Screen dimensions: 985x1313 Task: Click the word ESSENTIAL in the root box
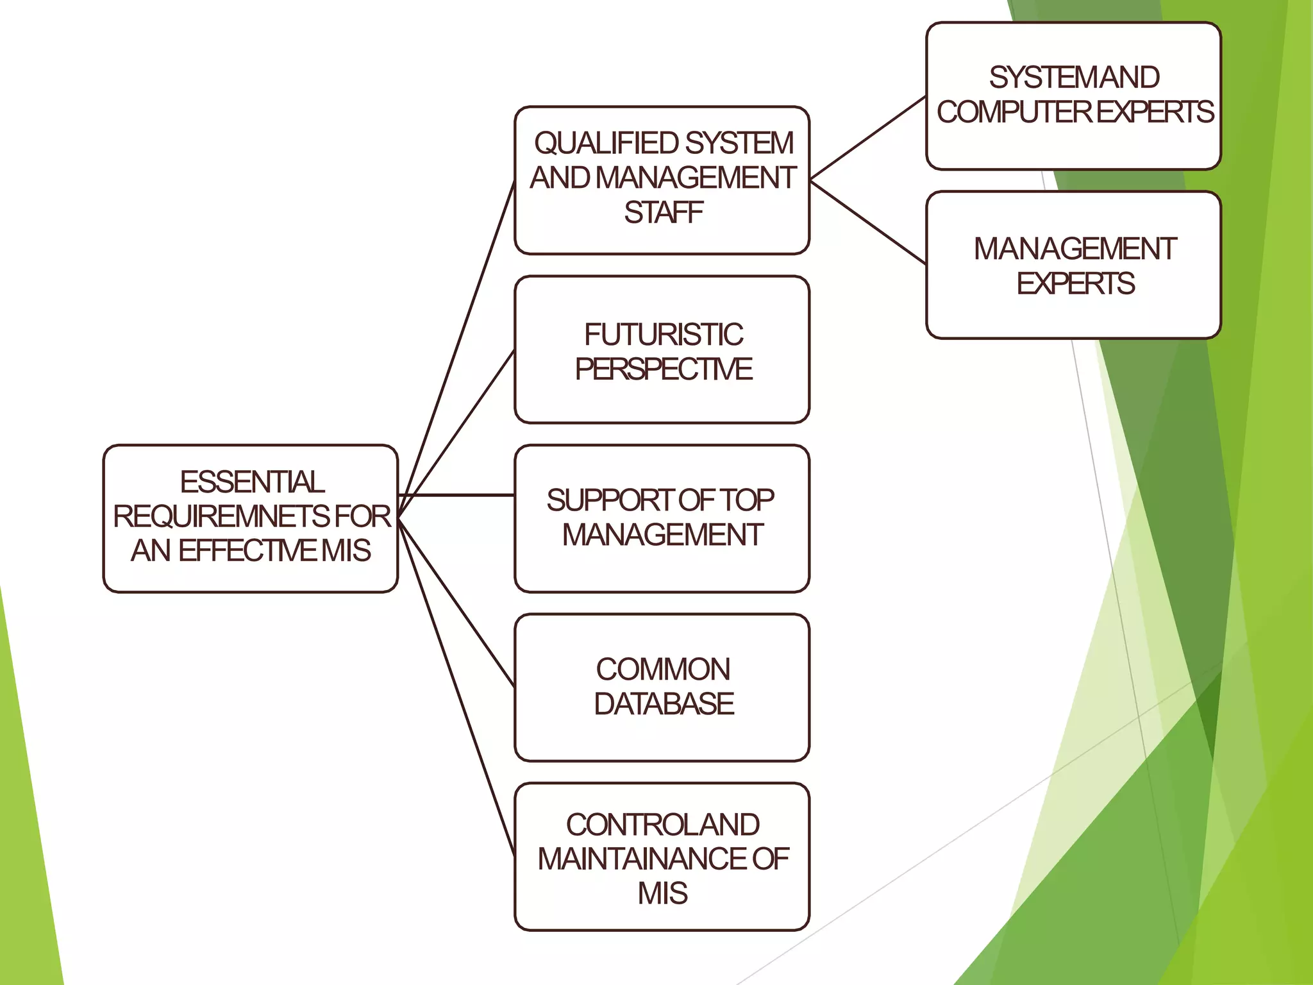(252, 482)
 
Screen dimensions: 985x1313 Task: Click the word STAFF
(664, 213)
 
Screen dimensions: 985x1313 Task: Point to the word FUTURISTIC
(664, 335)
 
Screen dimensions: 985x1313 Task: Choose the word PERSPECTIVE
(664, 369)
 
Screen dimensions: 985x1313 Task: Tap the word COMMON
(663, 669)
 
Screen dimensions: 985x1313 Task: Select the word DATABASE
(664, 704)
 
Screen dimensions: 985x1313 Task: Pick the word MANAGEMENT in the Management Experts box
(1075, 249)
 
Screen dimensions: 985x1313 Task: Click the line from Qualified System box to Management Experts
(869, 222)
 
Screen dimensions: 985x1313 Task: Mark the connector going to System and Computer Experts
(869, 138)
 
